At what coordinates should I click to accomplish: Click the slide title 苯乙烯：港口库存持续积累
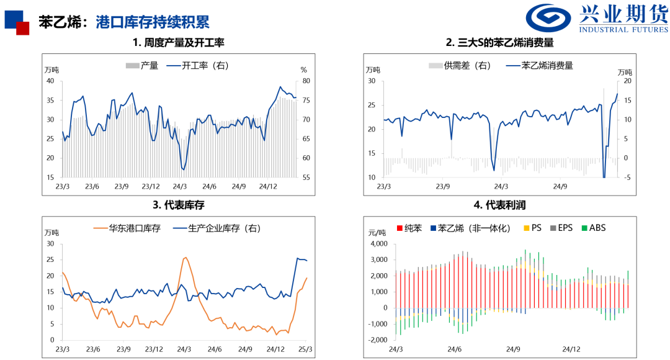click(x=123, y=22)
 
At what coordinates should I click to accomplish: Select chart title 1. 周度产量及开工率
click(x=178, y=43)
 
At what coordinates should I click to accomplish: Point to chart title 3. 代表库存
click(x=178, y=205)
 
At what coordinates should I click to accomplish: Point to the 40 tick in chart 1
click(x=50, y=81)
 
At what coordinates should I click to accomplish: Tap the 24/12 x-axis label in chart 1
click(x=268, y=186)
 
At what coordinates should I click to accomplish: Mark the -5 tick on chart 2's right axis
click(x=628, y=178)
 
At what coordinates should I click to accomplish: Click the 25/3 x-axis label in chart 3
click(x=305, y=349)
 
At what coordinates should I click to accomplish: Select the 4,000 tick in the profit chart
click(x=378, y=243)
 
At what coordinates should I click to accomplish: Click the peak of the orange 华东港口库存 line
click(x=186, y=258)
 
